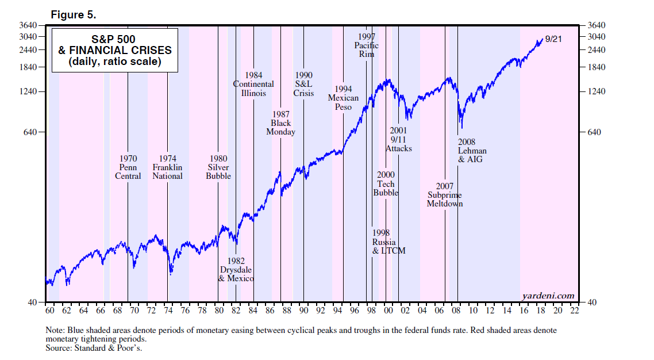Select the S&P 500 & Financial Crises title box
pyautogui.click(x=115, y=51)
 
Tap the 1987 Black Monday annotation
pyautogui.click(x=280, y=123)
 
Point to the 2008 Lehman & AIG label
pyautogui.click(x=470, y=151)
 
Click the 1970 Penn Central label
pyautogui.click(x=128, y=167)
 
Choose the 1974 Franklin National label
pyautogui.click(x=167, y=167)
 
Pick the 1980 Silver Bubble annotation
pyautogui.click(x=218, y=167)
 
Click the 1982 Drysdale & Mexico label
pyautogui.click(x=236, y=270)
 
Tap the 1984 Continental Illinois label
pyautogui.click(x=253, y=84)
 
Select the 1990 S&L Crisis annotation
pyautogui.click(x=303, y=84)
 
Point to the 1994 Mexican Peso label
pyautogui.click(x=343, y=98)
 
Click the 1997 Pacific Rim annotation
pyautogui.click(x=366, y=45)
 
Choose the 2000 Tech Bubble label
pyautogui.click(x=386, y=184)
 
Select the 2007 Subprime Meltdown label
pyautogui.click(x=445, y=195)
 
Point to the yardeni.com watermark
pyautogui.click(x=548, y=296)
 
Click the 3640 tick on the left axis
pyautogui.click(x=29, y=25)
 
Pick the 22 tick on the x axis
pyautogui.click(x=574, y=311)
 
